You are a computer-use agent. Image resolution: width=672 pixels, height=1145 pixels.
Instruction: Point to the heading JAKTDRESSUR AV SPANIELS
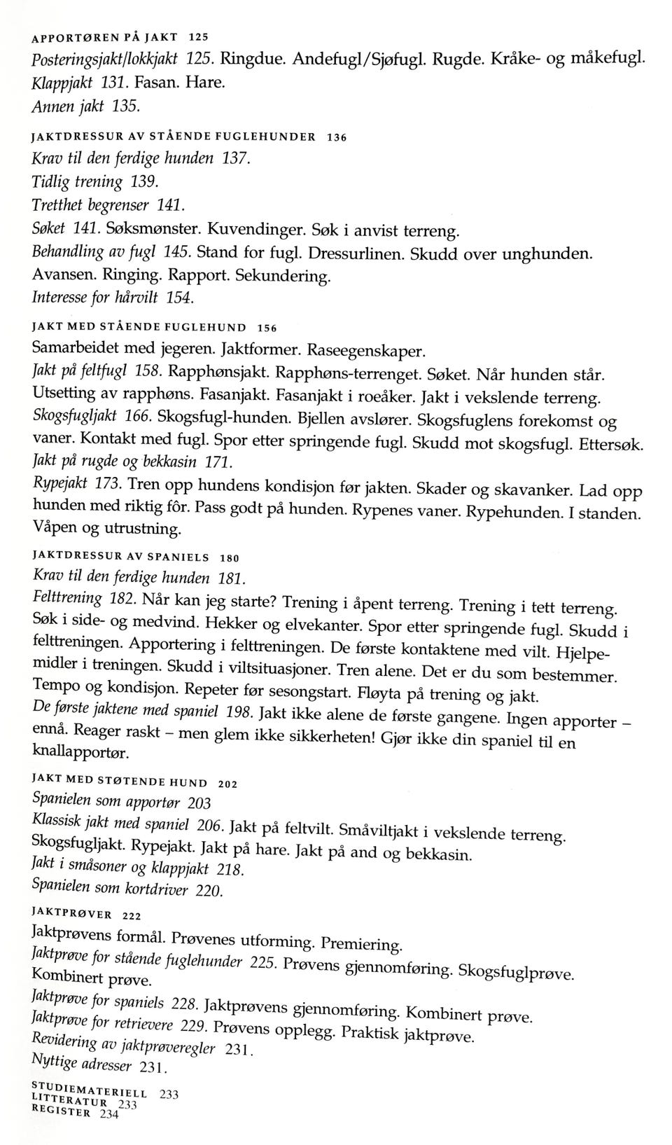tap(120, 557)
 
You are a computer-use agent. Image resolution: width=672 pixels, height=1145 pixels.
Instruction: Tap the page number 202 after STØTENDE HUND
tap(228, 784)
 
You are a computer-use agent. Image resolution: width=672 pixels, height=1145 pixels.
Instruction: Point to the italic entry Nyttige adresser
tap(82, 1063)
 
